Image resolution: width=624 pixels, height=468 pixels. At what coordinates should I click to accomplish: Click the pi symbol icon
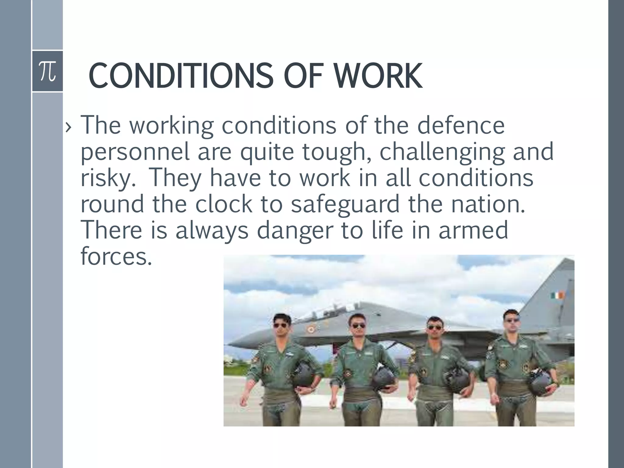point(48,71)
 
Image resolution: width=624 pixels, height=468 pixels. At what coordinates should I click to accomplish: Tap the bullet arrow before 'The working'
point(68,128)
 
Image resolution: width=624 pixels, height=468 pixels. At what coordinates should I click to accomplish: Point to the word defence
point(461,125)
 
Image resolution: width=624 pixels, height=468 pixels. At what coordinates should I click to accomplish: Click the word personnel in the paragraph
point(135,152)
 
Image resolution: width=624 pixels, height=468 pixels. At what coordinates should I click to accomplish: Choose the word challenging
point(442,152)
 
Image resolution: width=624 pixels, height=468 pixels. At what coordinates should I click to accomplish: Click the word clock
point(224,204)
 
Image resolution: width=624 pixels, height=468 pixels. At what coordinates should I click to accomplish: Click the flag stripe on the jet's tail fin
point(558,295)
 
